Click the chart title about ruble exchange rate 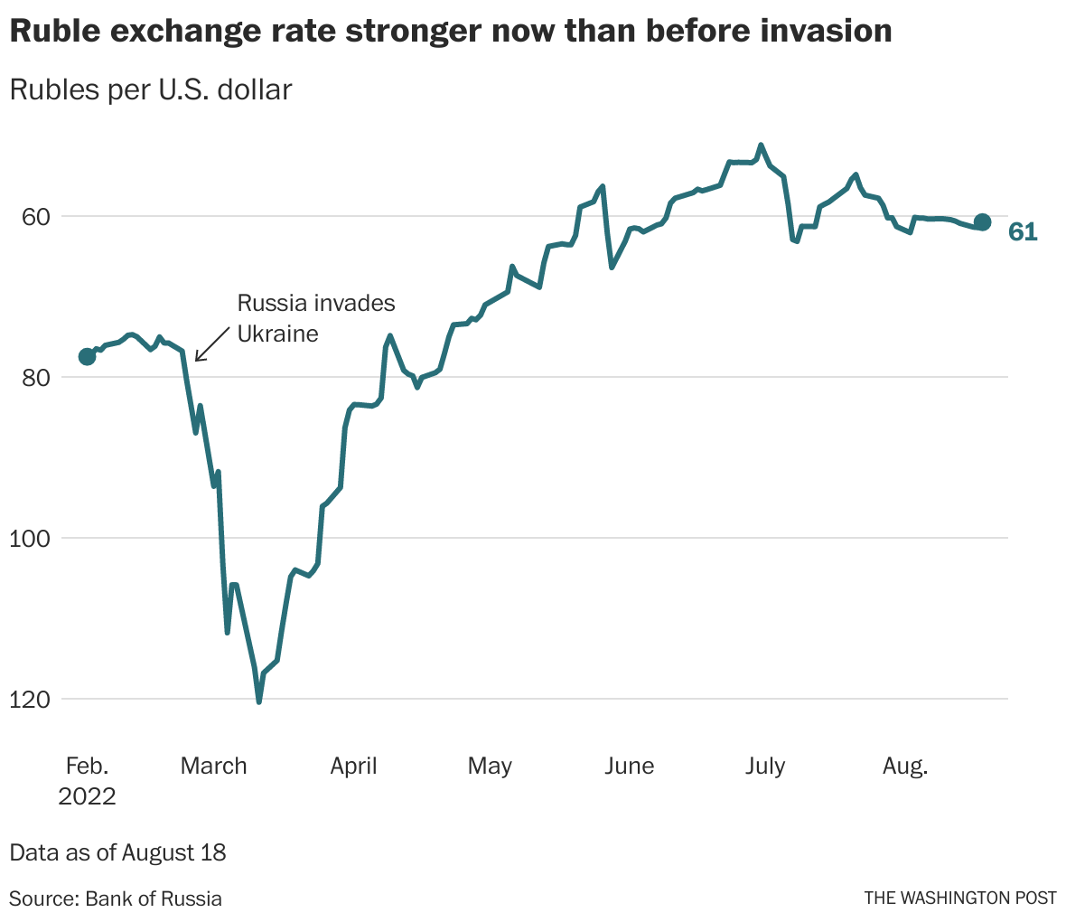coord(450,32)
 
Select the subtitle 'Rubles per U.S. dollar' coord(151,90)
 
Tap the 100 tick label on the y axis coord(27,539)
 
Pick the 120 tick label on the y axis coord(27,700)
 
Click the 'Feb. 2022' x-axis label coord(87,780)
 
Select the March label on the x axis coord(213,767)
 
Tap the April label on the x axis coord(353,767)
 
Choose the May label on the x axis coord(490,767)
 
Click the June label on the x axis coord(629,767)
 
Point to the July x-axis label coord(764,767)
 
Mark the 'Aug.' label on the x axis coord(904,767)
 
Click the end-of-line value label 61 coord(1023,232)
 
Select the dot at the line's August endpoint coord(983,222)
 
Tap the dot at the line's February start coord(87,356)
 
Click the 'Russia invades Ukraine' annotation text coord(315,318)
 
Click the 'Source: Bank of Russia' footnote coord(116,898)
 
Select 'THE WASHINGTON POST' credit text coord(959,898)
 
